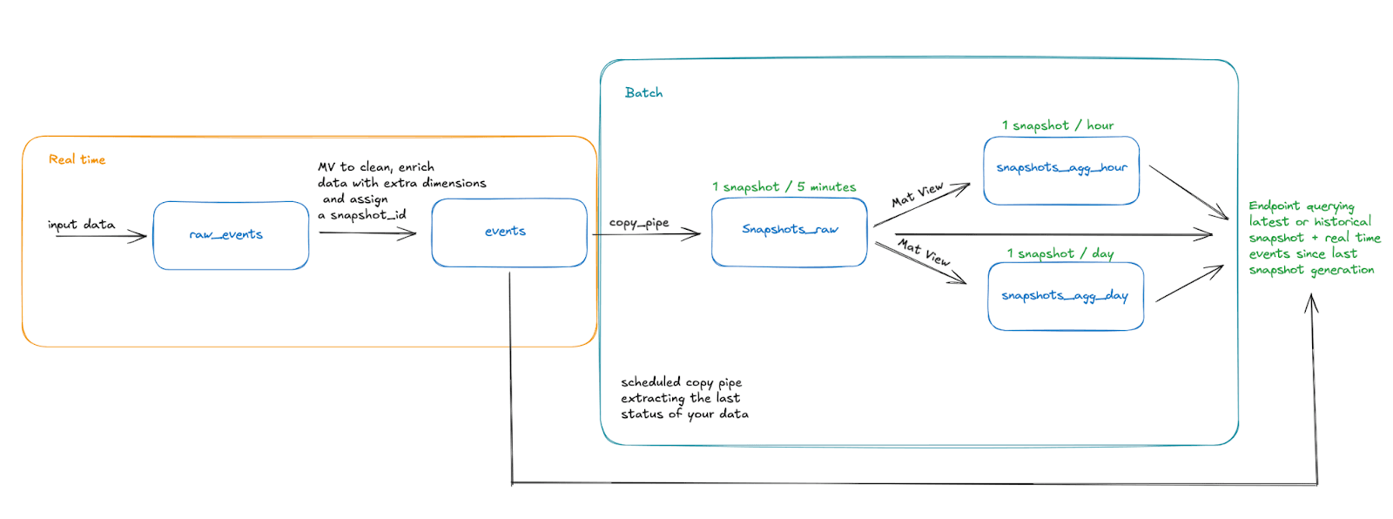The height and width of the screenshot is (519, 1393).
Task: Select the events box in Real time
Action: click(508, 232)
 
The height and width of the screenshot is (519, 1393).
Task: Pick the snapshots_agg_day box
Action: click(1065, 296)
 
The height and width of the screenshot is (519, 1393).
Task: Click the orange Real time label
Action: click(77, 159)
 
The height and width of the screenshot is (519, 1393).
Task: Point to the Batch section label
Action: click(643, 93)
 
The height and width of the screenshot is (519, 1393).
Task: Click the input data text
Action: click(81, 225)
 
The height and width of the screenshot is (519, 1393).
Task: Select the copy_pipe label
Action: click(639, 223)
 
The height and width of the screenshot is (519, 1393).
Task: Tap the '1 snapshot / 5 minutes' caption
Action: click(784, 187)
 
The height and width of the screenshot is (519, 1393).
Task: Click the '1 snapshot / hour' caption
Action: click(1057, 125)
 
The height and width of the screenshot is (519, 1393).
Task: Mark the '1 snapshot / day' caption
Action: click(1060, 253)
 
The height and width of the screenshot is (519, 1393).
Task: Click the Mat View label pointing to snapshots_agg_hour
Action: click(917, 195)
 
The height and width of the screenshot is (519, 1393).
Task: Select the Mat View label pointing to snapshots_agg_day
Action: click(924, 252)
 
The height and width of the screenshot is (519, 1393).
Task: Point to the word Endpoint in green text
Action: click(1274, 206)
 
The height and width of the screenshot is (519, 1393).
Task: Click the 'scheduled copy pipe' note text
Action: click(681, 382)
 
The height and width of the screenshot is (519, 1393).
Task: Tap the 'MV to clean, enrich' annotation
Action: click(375, 167)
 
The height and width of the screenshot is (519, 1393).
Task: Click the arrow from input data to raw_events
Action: click(100, 236)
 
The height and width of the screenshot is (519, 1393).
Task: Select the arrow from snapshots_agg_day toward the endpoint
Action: click(1189, 284)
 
